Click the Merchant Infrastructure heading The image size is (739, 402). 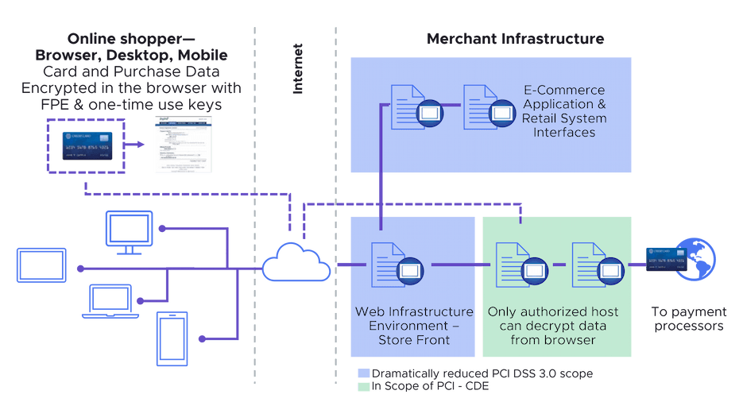pos(516,38)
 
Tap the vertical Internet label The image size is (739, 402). pos(299,72)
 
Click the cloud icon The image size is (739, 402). pos(296,262)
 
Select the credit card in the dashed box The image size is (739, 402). pos(83,147)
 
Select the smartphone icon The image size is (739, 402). pos(173,338)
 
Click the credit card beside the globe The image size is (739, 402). pos(666,259)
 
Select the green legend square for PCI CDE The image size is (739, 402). pos(362,386)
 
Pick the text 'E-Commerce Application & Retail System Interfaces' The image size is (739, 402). pos(563,111)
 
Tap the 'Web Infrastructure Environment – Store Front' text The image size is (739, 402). pos(413,326)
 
